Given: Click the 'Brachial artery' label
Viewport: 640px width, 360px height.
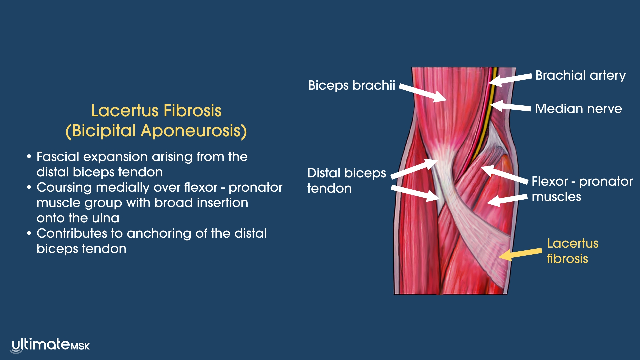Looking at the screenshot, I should coord(580,75).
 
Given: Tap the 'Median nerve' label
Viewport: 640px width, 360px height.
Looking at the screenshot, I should coord(578,109).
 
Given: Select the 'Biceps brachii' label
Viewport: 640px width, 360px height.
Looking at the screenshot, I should coord(351,85).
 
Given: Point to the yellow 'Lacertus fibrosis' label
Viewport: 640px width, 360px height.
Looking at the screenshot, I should coord(572,251).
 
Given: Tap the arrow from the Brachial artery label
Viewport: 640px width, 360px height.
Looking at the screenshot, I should coord(510,79).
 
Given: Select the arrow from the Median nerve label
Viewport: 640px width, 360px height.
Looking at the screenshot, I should coord(510,107).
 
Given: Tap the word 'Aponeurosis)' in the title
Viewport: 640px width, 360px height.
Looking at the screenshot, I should coord(194,131).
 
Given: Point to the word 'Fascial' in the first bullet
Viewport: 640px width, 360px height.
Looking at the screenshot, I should coord(58,157).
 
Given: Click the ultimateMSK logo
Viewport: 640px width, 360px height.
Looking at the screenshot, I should coord(51,345).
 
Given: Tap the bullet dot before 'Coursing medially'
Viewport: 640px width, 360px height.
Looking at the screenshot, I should coord(29,187).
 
